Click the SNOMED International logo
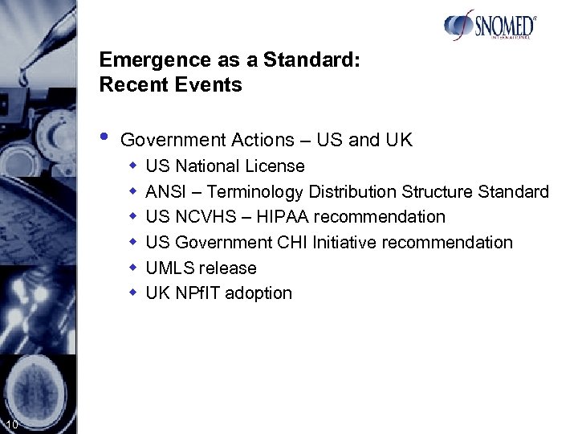[490, 25]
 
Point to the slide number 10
[10, 424]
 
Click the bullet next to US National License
[133, 166]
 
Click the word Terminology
[255, 192]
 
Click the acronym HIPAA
[283, 217]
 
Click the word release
[228, 268]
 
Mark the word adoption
[259, 293]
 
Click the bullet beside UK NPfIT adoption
[133, 293]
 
